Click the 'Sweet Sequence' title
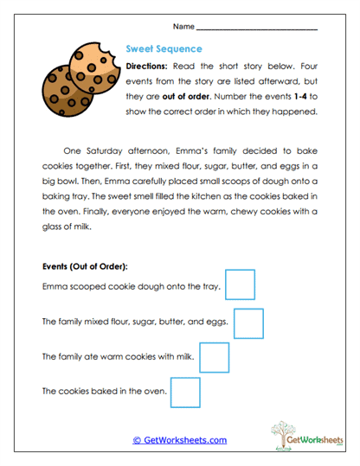tap(164, 49)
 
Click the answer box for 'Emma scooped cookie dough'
tap(240, 285)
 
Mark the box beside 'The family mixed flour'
tap(248, 322)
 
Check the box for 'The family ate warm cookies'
tap(214, 357)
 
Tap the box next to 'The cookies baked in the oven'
tap(185, 392)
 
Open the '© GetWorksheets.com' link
tap(179, 440)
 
